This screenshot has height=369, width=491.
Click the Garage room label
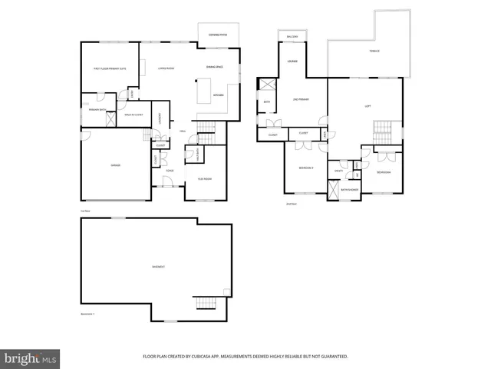click(x=115, y=165)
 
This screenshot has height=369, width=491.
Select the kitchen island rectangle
click(x=205, y=94)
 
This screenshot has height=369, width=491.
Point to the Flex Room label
click(x=205, y=178)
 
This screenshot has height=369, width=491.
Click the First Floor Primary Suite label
click(x=110, y=69)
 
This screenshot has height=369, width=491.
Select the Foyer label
click(x=170, y=171)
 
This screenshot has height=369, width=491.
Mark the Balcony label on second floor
click(x=292, y=36)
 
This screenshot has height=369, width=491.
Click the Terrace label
click(x=374, y=51)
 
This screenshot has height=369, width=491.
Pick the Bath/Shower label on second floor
click(x=349, y=189)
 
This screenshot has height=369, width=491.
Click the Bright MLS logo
click(x=30, y=358)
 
